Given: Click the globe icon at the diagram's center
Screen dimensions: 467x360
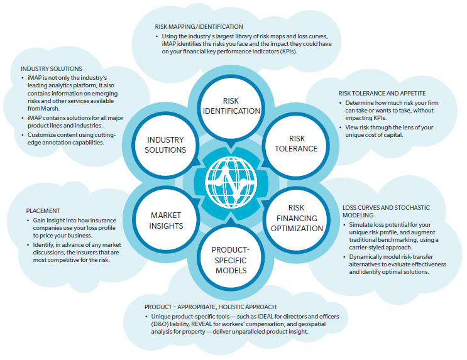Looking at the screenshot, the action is [231, 182].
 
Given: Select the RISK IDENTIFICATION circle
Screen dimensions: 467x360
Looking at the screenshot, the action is [231, 106].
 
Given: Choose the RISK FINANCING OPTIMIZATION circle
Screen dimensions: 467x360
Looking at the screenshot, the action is [297, 218].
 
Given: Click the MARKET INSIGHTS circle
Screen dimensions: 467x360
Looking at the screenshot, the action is [166, 221].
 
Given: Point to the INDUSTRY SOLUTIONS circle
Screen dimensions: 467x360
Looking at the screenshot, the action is [165, 145].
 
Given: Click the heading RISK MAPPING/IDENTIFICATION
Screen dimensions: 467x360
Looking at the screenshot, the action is [199, 27].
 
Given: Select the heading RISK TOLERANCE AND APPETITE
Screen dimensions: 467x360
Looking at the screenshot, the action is [382, 94].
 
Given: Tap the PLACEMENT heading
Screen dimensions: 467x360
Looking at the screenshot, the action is [43, 211].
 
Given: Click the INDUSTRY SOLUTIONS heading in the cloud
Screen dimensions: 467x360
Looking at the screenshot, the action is [52, 68].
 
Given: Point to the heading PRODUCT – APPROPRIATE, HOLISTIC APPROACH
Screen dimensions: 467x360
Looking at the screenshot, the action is [211, 307].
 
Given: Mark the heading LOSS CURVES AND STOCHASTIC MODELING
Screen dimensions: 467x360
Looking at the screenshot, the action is [386, 212].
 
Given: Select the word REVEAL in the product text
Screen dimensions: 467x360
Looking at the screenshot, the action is [201, 324].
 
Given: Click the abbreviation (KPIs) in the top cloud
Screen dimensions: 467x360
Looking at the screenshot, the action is [288, 52].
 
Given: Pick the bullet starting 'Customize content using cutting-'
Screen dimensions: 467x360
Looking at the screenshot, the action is [69, 139].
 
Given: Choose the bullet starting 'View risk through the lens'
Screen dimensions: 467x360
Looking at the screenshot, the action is [386, 131].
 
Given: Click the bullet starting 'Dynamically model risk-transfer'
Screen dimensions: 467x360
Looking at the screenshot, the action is [394, 265].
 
